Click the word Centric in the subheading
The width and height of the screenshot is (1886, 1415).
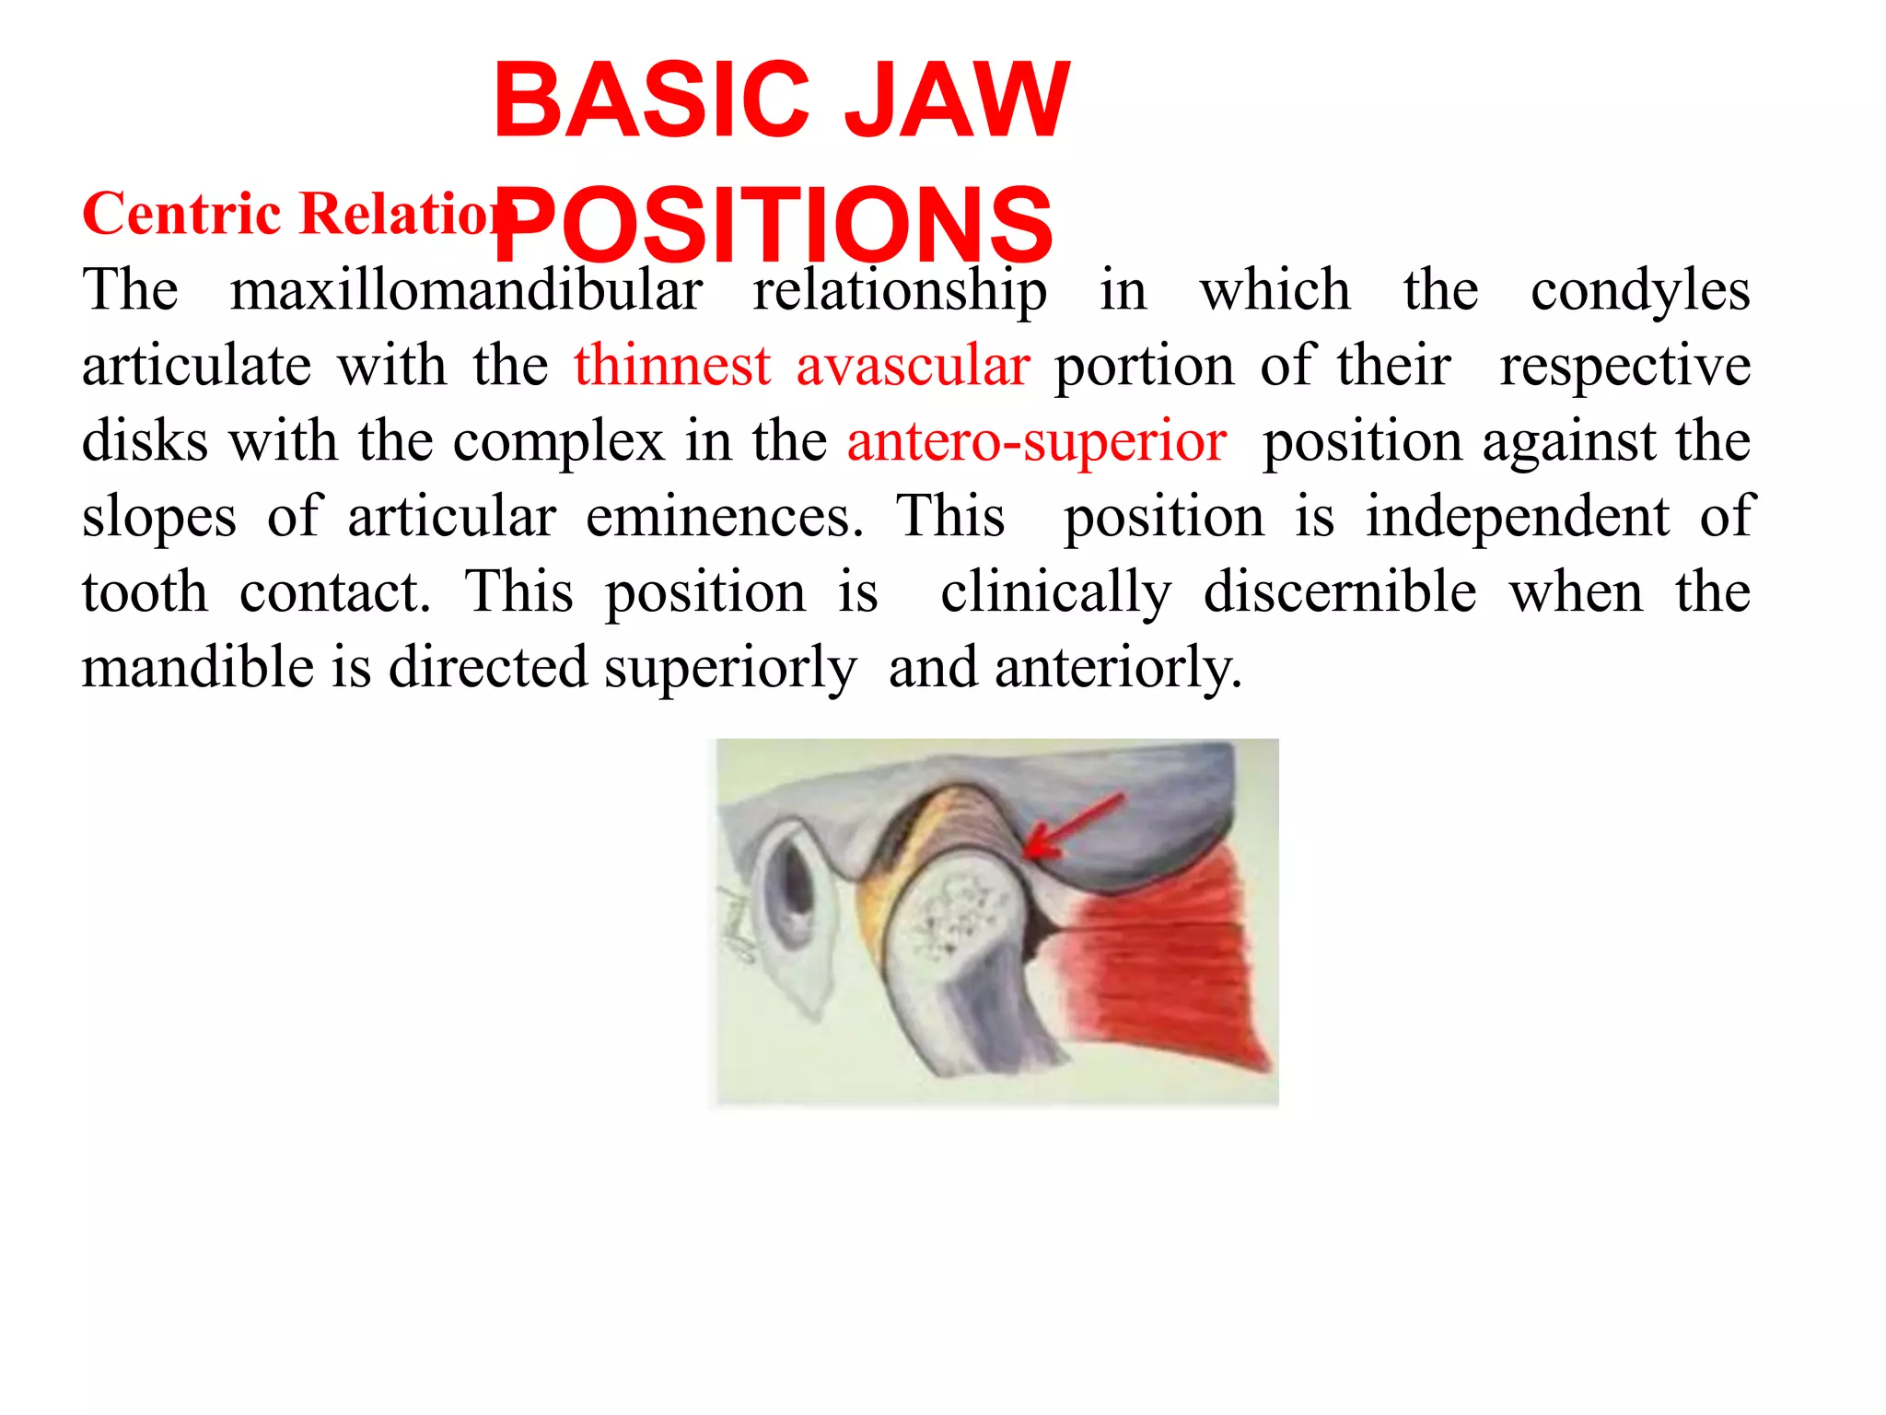(181, 214)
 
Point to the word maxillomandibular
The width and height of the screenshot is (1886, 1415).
(466, 290)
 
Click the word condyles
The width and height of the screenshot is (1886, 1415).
(1640, 292)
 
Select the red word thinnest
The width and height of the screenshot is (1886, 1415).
(672, 366)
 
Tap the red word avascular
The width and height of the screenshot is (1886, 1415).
(913, 366)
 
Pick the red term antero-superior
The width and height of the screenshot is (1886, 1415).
(1037, 441)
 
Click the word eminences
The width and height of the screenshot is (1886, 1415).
(725, 517)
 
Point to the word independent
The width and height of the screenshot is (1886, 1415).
(1517, 517)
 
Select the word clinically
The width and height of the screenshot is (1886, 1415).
(1055, 593)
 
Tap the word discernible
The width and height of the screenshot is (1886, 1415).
(1340, 592)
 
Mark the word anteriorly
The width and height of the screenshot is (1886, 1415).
(1118, 669)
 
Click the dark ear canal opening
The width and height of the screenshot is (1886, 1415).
(793, 889)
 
